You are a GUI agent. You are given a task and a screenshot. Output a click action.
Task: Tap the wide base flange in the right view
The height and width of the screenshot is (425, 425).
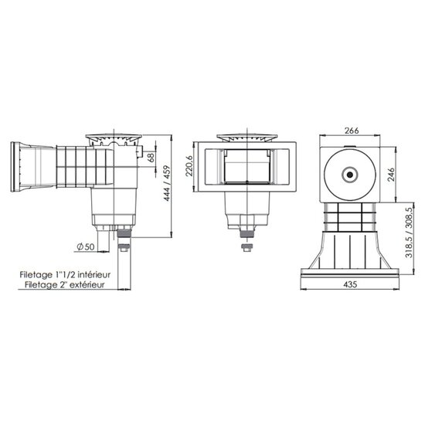point(350,267)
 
